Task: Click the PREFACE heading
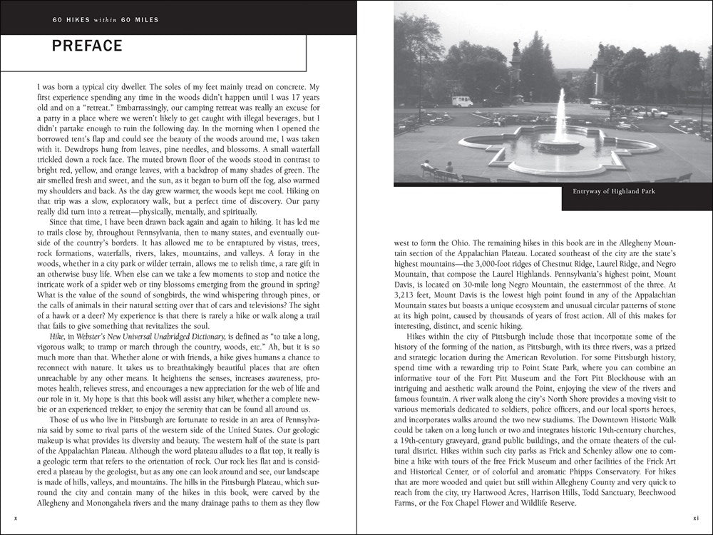(x=87, y=46)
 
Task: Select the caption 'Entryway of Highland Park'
(x=614, y=191)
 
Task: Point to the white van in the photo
(x=462, y=101)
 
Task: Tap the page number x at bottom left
(x=16, y=518)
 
